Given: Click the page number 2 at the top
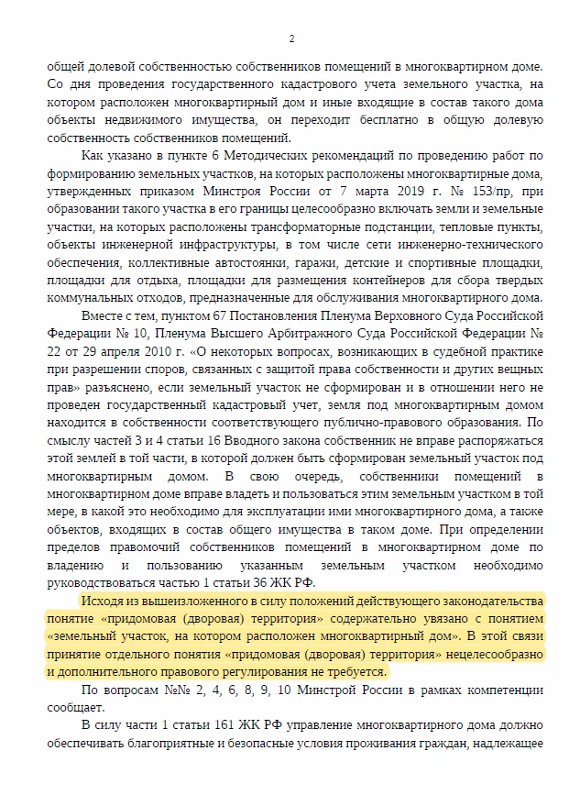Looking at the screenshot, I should [x=290, y=39].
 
